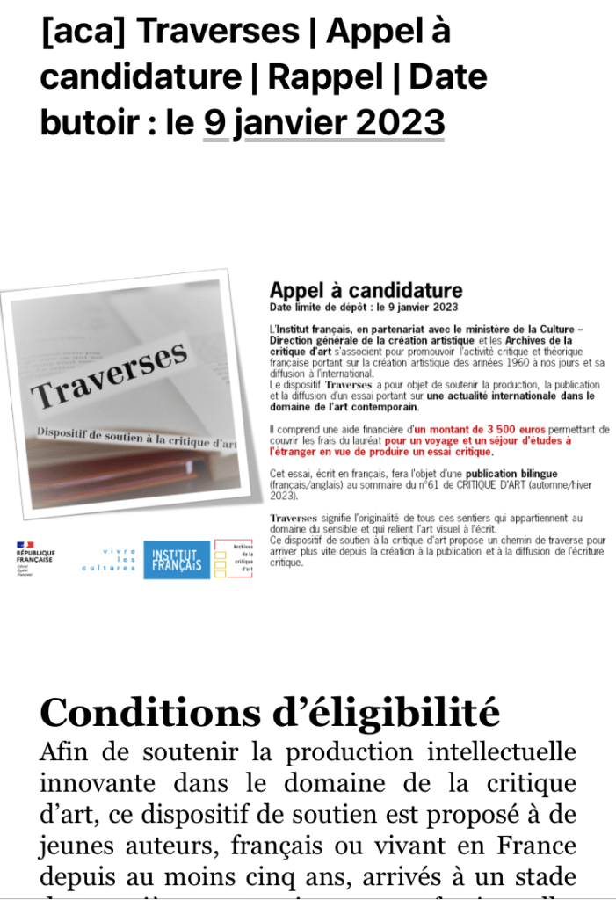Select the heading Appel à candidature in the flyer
pos(366,291)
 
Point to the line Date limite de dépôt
pos(364,308)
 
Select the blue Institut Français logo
pos(177,560)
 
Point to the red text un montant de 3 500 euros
pos(457,427)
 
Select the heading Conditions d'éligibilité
pos(270,712)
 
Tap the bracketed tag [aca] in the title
pos(83,32)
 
